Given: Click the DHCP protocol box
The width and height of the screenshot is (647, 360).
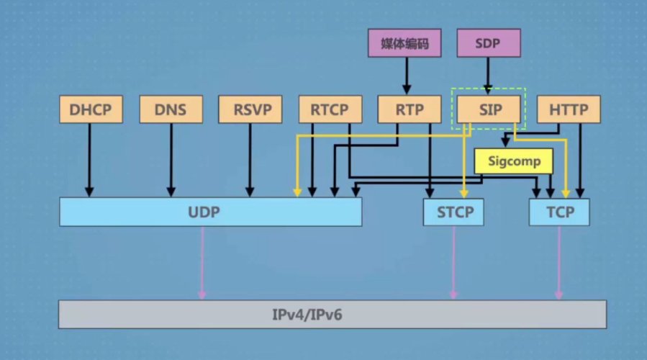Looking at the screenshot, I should [x=91, y=110].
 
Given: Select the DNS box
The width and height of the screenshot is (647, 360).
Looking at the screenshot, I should [x=170, y=110].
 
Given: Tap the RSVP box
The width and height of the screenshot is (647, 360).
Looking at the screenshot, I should [x=250, y=110].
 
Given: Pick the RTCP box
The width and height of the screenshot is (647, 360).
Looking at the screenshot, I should [x=329, y=110].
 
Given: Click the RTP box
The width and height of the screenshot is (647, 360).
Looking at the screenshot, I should [x=409, y=110].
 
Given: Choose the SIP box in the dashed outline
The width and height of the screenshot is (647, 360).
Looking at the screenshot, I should [x=489, y=110].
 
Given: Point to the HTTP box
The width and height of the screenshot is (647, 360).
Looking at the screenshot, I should [x=569, y=110].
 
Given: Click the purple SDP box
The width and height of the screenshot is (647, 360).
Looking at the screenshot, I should [x=489, y=44].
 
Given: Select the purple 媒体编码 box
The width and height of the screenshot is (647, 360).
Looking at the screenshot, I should [x=404, y=44].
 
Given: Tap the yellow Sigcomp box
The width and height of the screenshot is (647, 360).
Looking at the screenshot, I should [x=512, y=161].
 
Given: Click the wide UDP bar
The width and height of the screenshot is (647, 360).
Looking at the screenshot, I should [x=210, y=212].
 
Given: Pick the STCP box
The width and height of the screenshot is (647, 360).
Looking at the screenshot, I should [x=453, y=212].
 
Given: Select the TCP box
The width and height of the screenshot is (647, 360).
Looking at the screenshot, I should [x=559, y=212].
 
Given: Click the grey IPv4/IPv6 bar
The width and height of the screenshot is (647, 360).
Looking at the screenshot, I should [x=332, y=315].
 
